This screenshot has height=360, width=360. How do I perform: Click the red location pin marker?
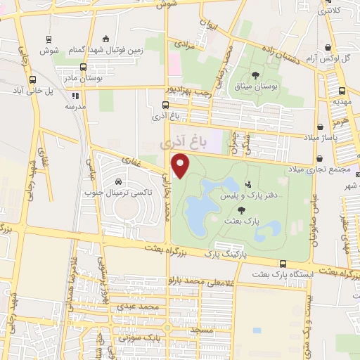(x=181, y=166)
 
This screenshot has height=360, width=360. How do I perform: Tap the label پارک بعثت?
(x=238, y=220)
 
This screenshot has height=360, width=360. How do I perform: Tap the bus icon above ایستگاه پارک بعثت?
(x=282, y=264)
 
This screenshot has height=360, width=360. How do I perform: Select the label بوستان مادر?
(x=84, y=79)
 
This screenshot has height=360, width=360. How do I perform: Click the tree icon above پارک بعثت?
(x=242, y=210)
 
